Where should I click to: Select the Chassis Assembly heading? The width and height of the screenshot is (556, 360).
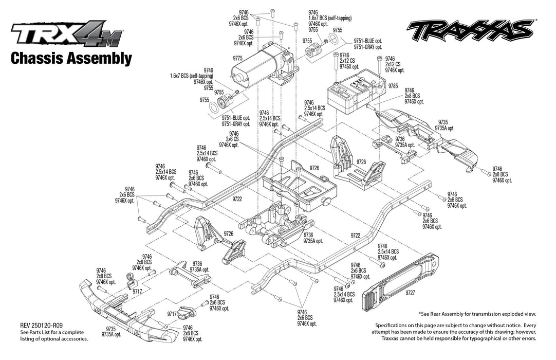71,58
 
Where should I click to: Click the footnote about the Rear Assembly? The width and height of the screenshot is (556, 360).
477,314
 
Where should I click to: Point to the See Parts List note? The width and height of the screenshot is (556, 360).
53,335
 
